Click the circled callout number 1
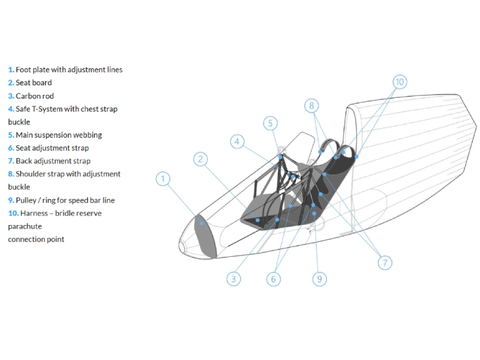(163, 179)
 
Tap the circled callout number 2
(200, 159)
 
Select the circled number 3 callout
(233, 279)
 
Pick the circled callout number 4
(237, 142)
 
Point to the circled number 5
(271, 124)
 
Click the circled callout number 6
(274, 279)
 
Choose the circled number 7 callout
(385, 263)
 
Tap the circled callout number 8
(311, 106)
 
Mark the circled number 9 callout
(320, 279)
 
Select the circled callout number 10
(400, 82)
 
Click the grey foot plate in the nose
(205, 236)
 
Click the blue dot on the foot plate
(202, 223)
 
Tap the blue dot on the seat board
(258, 220)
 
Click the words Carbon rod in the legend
(35, 96)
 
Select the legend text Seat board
(34, 83)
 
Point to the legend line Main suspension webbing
(59, 135)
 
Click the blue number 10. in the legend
(13, 214)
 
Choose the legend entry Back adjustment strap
(53, 161)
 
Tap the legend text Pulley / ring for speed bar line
(65, 200)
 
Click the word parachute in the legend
(25, 227)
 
